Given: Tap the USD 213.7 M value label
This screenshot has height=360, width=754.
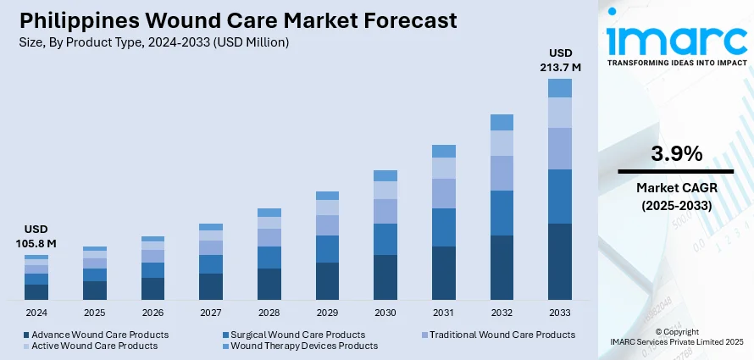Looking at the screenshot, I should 560,60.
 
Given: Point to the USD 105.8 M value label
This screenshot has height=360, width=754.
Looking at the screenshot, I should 36,236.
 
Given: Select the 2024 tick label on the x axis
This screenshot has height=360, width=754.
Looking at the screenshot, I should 36,313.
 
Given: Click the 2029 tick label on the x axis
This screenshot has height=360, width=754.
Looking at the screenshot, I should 327,313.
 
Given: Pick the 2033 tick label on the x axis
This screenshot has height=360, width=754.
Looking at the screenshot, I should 560,313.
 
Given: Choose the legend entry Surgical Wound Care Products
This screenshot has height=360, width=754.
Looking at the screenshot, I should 297,335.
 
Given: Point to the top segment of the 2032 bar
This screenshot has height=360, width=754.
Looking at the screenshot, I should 502,122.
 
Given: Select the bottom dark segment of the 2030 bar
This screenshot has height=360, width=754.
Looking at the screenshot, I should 385,277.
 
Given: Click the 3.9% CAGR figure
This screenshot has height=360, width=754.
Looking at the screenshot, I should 676,154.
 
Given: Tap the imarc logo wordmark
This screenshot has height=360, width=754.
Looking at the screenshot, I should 675,37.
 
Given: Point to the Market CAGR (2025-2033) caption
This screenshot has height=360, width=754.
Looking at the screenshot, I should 676,197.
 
